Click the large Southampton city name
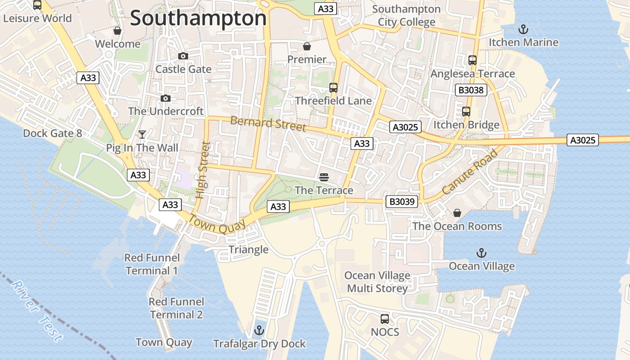[x=198, y=18]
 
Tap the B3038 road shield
[x=471, y=90]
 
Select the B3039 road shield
[x=401, y=202]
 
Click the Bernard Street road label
[x=268, y=123]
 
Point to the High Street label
[x=203, y=170]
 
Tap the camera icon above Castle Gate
[x=183, y=56]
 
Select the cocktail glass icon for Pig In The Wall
[x=142, y=134]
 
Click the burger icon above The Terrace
[x=324, y=177]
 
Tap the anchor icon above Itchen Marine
[x=523, y=29]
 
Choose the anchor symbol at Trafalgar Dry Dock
[x=259, y=331]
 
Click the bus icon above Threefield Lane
[x=333, y=87]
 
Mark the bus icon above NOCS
[x=385, y=319]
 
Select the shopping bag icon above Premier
[x=307, y=46]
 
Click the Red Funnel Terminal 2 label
[x=176, y=308]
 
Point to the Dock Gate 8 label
[x=53, y=133]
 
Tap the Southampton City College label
[x=406, y=15]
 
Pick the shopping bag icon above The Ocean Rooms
[x=457, y=213]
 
